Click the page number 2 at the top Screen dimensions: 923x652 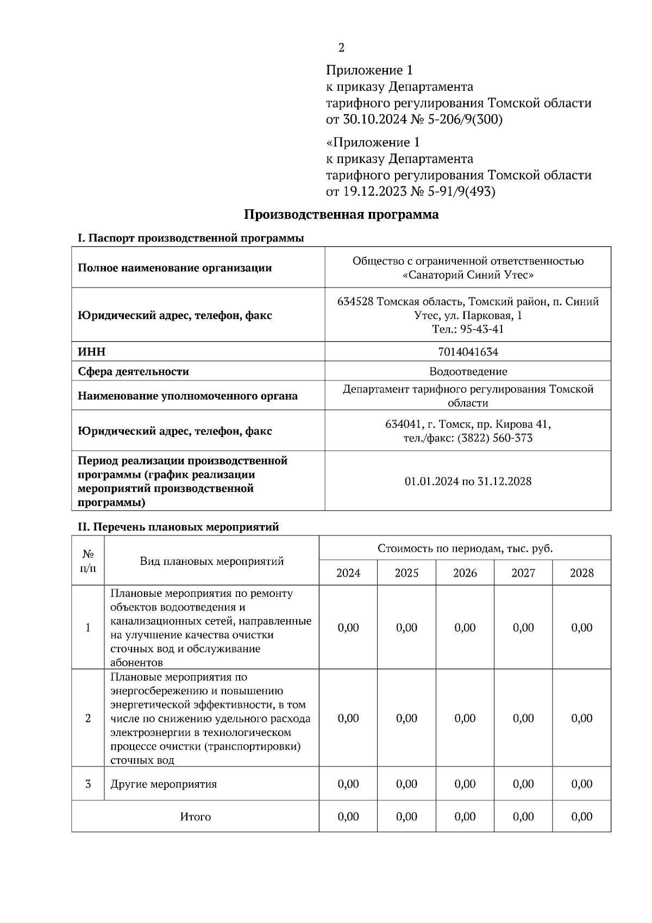point(341,48)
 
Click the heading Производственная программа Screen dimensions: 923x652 point(341,214)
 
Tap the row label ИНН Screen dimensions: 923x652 point(88,352)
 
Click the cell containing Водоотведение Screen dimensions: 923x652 point(468,371)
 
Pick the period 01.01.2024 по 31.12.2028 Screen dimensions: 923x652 point(468,481)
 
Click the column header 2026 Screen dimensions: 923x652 point(465,573)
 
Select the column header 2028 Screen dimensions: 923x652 point(581,573)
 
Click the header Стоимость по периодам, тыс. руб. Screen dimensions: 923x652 point(465,548)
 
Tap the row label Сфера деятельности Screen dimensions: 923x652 point(133,371)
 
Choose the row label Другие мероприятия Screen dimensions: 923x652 point(164,784)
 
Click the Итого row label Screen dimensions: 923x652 point(195,816)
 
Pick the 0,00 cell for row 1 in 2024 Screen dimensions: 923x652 point(348,627)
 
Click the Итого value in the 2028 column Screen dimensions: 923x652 point(581,816)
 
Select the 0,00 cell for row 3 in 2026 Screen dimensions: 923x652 point(465,784)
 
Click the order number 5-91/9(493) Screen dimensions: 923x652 point(461,191)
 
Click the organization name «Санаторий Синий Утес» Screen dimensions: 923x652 point(468,275)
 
